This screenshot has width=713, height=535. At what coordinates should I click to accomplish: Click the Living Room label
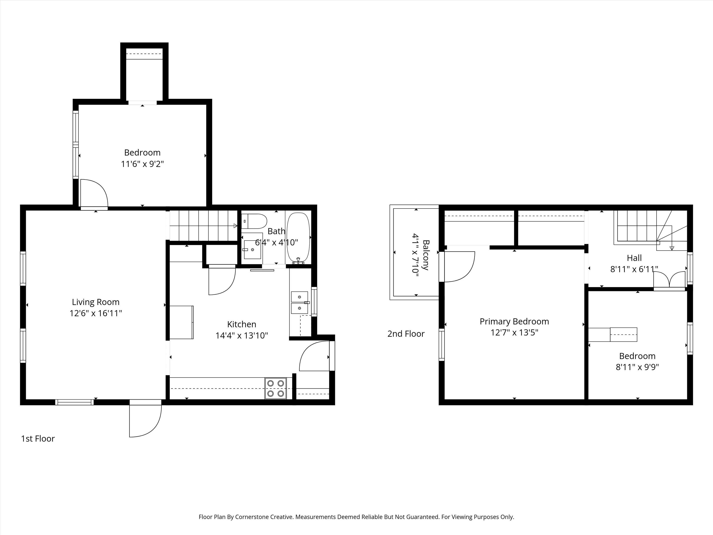(95, 302)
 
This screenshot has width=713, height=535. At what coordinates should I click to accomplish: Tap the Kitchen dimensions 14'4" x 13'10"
(242, 336)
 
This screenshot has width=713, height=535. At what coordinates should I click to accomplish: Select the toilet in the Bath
(254, 221)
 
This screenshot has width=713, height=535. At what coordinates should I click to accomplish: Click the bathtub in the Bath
(298, 238)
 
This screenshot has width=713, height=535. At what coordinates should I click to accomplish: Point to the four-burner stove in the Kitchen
(275, 388)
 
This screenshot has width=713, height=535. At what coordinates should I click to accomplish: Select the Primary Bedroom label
(514, 322)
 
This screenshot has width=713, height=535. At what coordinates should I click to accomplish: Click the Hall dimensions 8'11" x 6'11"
(634, 269)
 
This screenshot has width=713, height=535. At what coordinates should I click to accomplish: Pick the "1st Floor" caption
(38, 439)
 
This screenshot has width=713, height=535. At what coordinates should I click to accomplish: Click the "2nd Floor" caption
(406, 334)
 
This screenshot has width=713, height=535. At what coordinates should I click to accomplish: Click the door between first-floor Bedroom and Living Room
(94, 194)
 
